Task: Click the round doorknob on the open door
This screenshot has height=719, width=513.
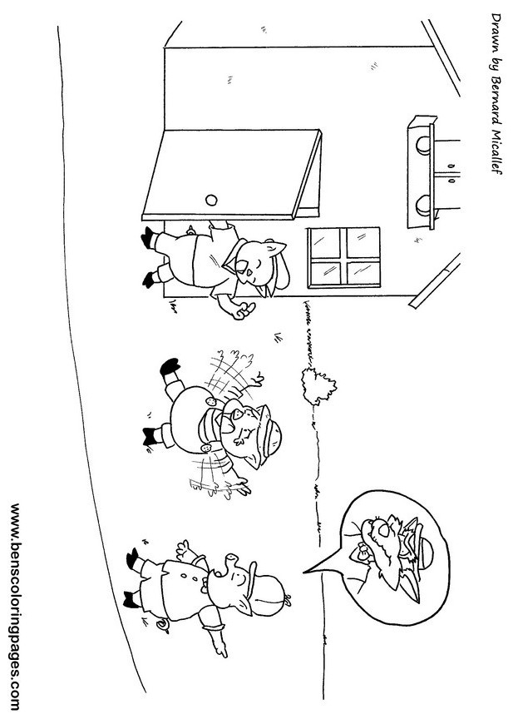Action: pos(211,198)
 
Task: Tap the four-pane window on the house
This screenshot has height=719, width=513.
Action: pos(344,255)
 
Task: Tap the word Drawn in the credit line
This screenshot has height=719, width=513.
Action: pos(499,31)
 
